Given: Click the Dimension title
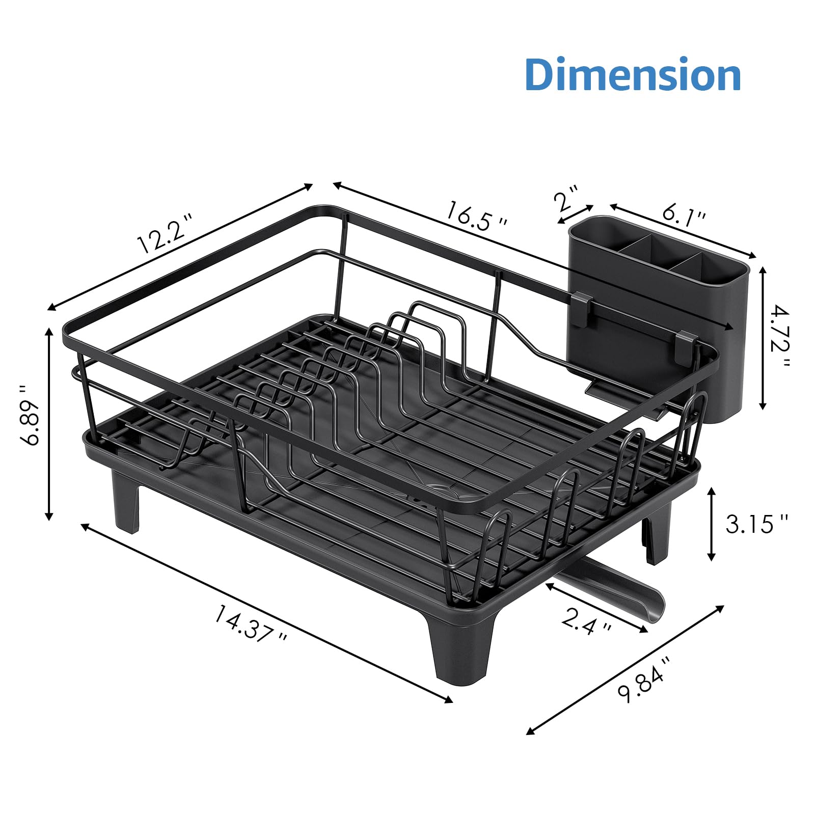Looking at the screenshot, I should tap(633, 75).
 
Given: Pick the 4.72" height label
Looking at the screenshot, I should tap(779, 337).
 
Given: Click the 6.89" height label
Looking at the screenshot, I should tap(32, 415).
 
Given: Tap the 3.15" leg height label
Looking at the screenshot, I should tap(756, 523).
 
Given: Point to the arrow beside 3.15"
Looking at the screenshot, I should tap(712, 524).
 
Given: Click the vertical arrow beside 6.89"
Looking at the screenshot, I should tap(49, 423).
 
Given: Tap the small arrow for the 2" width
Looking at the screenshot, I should tap(576, 214).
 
